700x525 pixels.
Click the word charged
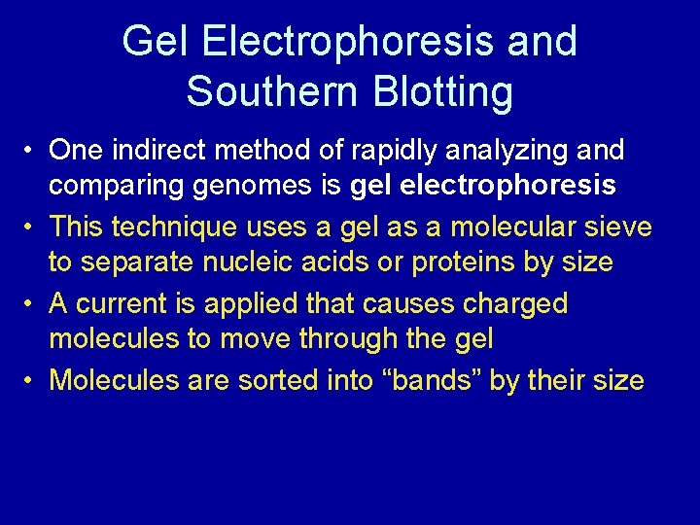tap(514, 303)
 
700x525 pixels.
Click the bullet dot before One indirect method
tap(32, 152)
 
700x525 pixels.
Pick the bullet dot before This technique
tap(32, 228)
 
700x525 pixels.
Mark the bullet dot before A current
tap(32, 304)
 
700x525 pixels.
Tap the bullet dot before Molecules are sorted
tap(32, 380)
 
